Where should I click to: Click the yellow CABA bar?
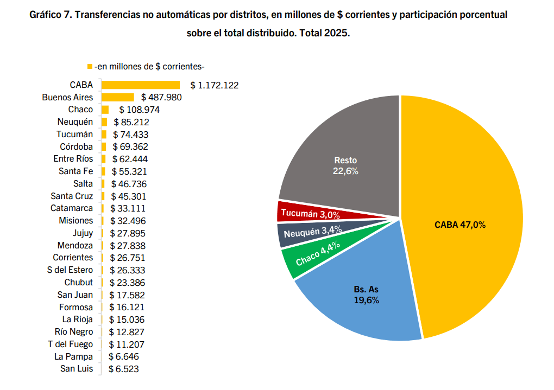point(140,85)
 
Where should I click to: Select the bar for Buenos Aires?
point(117,97)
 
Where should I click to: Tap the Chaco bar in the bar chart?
point(105,110)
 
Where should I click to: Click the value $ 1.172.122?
point(215,85)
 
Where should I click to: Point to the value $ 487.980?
point(161,97)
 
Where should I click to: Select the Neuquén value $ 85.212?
point(131,122)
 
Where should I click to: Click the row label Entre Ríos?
point(73,159)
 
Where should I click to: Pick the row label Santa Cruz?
point(72,196)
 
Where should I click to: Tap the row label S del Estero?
point(70,270)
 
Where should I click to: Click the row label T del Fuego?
point(71,344)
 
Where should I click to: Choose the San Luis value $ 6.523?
point(127,369)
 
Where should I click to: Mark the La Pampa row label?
point(73,357)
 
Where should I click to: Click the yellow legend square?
point(90,67)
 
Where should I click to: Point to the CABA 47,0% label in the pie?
point(459,225)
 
